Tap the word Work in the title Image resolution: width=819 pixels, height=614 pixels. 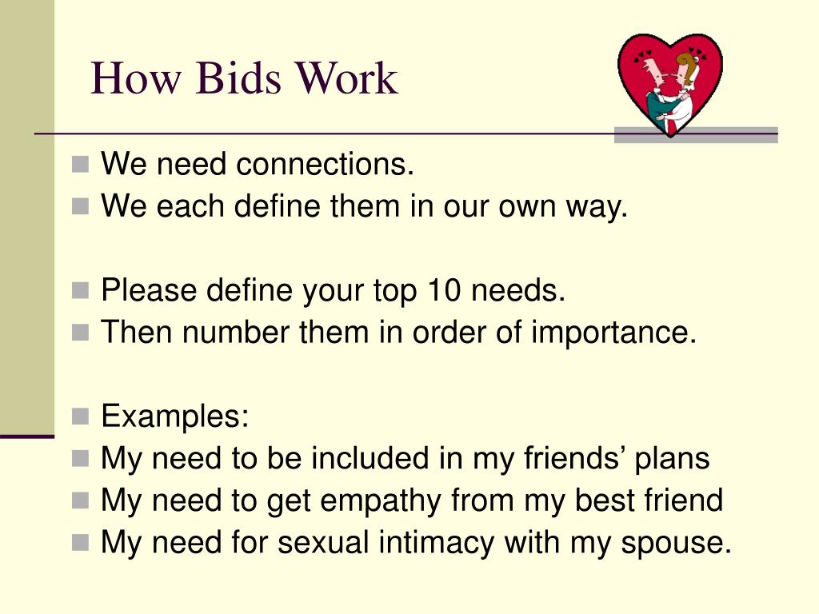click(346, 79)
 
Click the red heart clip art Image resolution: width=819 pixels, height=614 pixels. click(670, 84)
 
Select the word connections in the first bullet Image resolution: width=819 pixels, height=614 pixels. click(325, 165)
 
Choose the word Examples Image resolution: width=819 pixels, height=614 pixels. click(175, 417)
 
